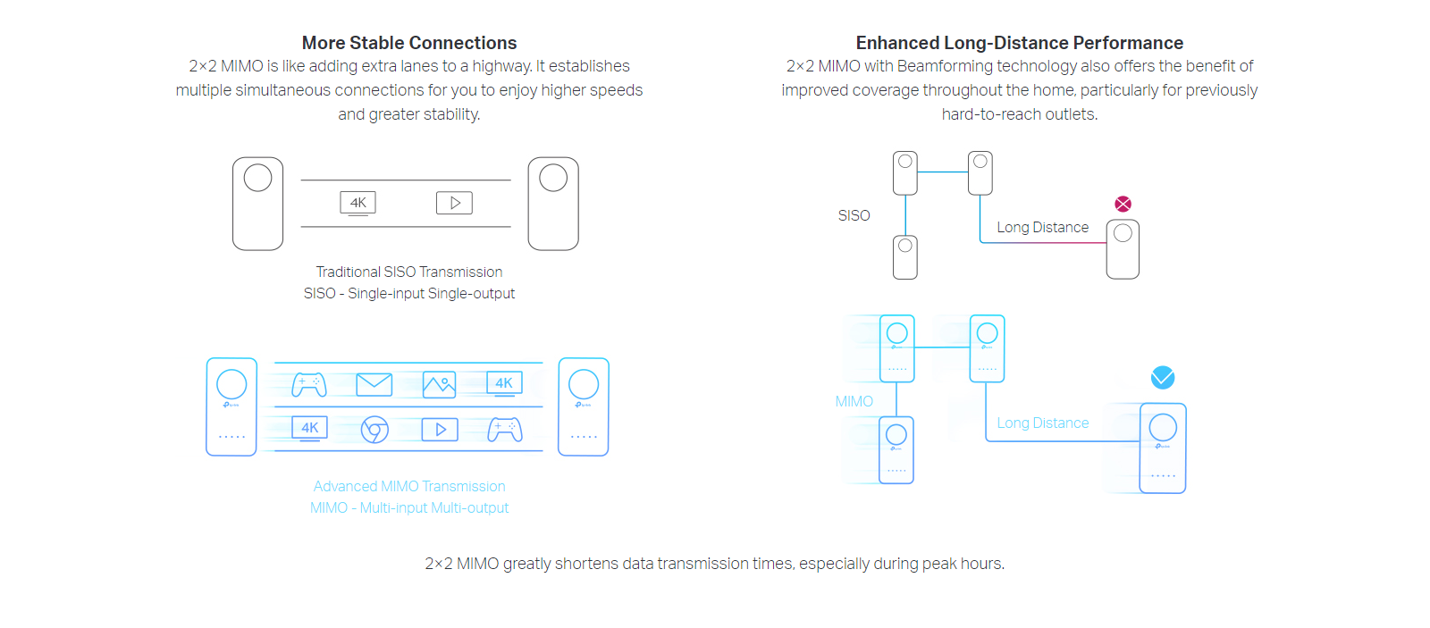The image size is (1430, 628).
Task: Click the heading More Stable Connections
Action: pyautogui.click(x=409, y=43)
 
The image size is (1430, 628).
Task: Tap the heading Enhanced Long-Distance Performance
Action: pyautogui.click(x=1019, y=43)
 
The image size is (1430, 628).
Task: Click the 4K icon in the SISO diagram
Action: pyautogui.click(x=357, y=203)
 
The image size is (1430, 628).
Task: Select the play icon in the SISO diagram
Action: pyautogui.click(x=454, y=203)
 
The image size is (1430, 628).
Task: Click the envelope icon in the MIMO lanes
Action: pyautogui.click(x=374, y=384)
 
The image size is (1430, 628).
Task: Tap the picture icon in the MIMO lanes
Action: pyautogui.click(x=439, y=385)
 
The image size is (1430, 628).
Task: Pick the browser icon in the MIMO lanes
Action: pyautogui.click(x=374, y=430)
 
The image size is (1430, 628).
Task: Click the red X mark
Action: pyautogui.click(x=1123, y=204)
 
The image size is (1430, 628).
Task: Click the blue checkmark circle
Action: pyautogui.click(x=1163, y=377)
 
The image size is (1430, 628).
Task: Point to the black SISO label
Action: pyautogui.click(x=854, y=215)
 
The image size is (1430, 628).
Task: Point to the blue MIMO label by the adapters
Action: pyautogui.click(x=854, y=401)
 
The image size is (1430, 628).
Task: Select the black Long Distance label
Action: pyautogui.click(x=1042, y=228)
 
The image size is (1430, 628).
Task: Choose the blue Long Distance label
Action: pyautogui.click(x=1042, y=423)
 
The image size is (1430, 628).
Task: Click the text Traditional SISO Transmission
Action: pyautogui.click(x=409, y=272)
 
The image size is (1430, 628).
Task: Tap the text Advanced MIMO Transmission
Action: pyautogui.click(x=409, y=486)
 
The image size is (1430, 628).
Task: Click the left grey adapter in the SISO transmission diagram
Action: pyautogui.click(x=257, y=204)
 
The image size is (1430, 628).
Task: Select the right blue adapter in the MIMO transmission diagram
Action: pyautogui.click(x=584, y=406)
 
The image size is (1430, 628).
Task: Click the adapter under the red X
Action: pyautogui.click(x=1123, y=249)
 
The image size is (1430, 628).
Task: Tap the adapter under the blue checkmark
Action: pyautogui.click(x=1163, y=448)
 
